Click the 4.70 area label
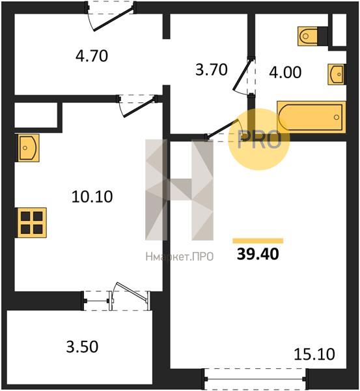click(92, 56)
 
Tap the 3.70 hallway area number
click(212, 70)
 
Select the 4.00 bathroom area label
click(285, 72)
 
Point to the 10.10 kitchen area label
click(92, 196)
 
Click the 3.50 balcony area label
click(82, 347)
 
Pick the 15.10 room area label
click(314, 355)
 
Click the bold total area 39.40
click(258, 254)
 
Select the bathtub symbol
click(311, 117)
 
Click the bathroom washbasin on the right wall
click(337, 74)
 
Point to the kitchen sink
click(27, 148)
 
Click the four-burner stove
click(31, 222)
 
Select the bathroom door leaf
click(242, 75)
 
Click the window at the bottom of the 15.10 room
click(256, 379)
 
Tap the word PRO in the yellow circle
click(259, 139)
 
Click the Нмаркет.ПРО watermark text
click(180, 256)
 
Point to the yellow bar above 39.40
click(258, 240)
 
